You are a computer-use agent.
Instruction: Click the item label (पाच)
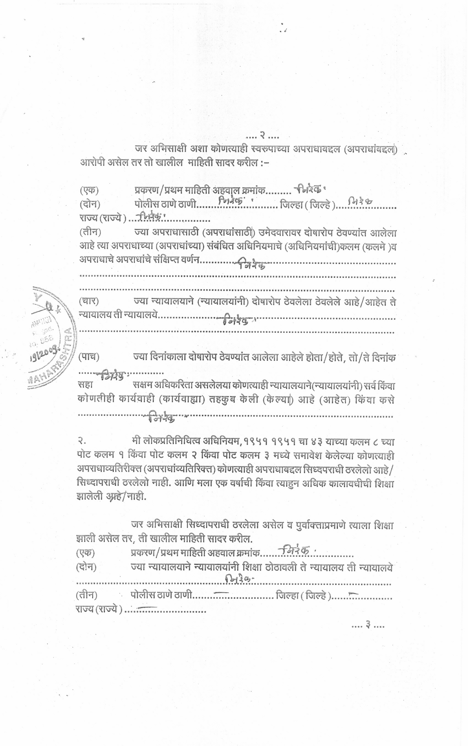[x=89, y=357]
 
